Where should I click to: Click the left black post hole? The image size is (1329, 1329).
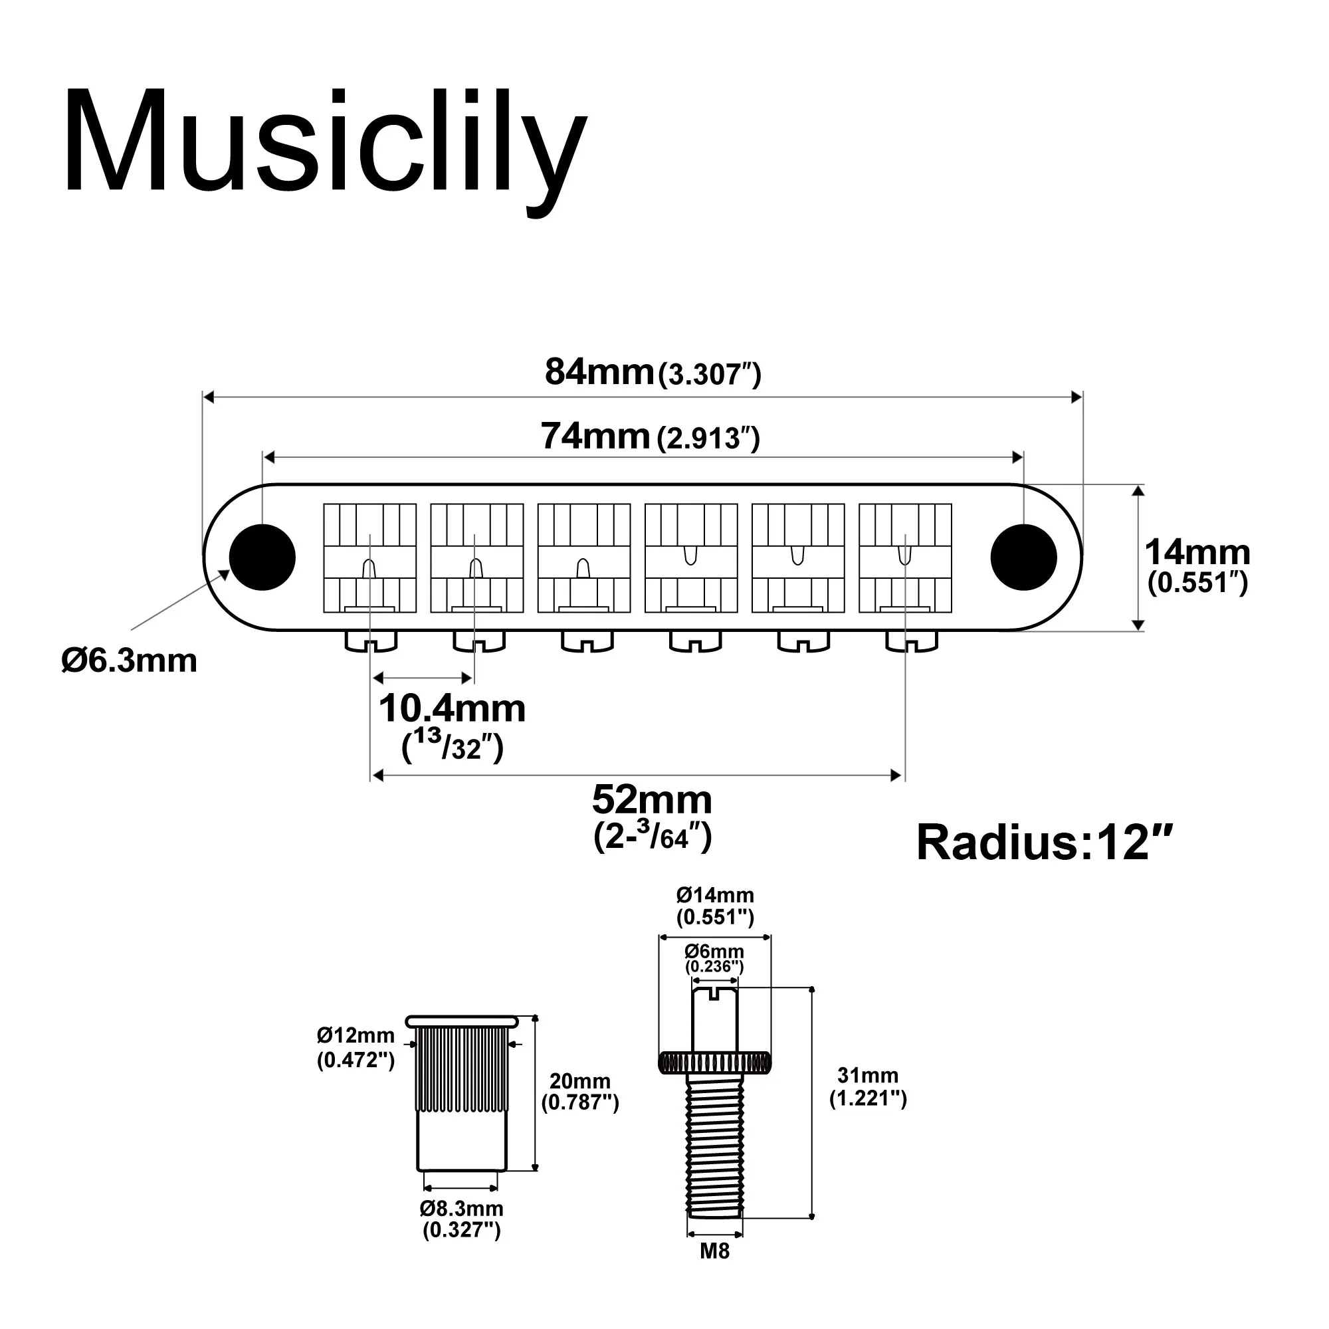click(262, 558)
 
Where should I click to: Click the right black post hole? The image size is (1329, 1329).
click(1023, 558)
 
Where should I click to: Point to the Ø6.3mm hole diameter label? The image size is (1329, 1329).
click(130, 661)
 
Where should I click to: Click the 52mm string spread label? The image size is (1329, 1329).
click(651, 800)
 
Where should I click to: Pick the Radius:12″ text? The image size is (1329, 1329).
click(1043, 843)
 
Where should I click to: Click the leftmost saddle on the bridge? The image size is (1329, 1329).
click(370, 558)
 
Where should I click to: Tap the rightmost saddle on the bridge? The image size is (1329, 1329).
click(905, 558)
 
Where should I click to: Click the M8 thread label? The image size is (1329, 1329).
click(714, 1251)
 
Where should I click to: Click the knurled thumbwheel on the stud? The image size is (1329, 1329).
click(714, 1063)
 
